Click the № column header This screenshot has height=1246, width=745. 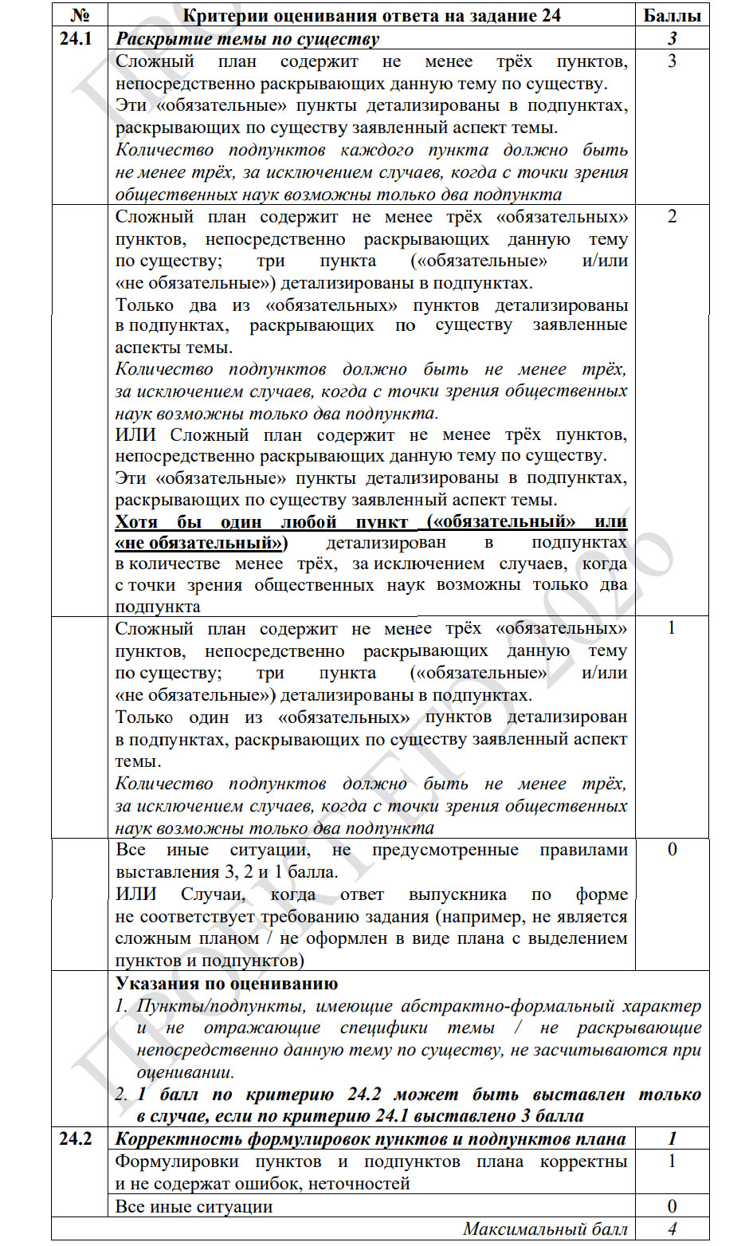coord(79,15)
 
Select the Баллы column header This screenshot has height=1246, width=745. coord(672,15)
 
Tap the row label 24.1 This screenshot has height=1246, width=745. coord(76,37)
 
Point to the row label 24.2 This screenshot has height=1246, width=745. coord(76,1138)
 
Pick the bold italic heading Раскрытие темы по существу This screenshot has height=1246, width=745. coord(247,38)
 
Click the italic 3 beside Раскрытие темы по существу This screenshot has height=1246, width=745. coord(672,38)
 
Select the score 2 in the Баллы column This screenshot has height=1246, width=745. coord(672,217)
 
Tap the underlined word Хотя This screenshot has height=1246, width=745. coord(136,521)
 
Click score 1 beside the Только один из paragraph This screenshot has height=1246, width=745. coord(672,628)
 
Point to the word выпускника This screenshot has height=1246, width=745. coord(457,894)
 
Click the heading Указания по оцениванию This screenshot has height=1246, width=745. coord(226,984)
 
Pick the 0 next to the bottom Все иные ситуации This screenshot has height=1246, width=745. coord(672,1206)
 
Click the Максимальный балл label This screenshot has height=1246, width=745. coord(545,1228)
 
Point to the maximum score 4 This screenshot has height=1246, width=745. coord(672,1228)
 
